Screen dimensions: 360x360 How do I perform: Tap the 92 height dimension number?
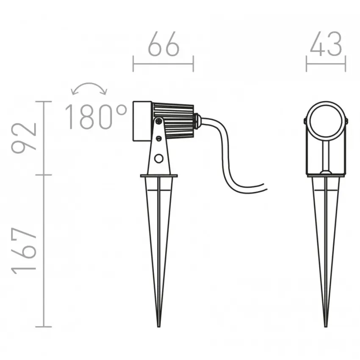click(x=25, y=138)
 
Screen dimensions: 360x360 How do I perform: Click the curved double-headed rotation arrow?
click(x=89, y=87)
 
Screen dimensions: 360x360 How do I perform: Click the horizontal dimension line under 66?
click(x=163, y=64)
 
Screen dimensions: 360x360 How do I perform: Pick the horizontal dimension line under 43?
click(x=326, y=64)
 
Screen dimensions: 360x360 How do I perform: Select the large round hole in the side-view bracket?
click(x=159, y=158)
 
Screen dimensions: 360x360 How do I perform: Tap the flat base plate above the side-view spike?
click(x=159, y=175)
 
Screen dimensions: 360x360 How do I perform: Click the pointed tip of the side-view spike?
click(x=159, y=325)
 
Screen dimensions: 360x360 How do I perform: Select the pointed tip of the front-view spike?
click(x=326, y=325)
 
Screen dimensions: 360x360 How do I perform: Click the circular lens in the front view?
click(x=326, y=121)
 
